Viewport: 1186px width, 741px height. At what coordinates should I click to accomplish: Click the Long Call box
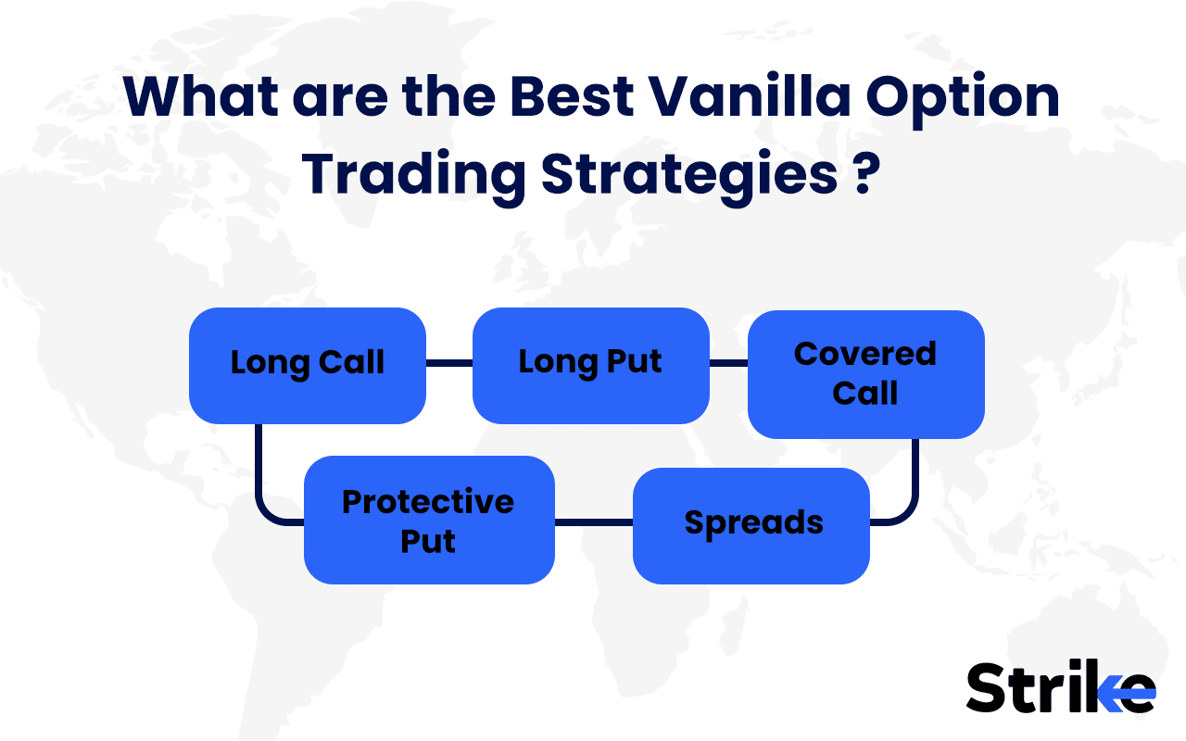pyautogui.click(x=307, y=365)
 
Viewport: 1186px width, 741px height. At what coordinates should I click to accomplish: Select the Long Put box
pyautogui.click(x=590, y=365)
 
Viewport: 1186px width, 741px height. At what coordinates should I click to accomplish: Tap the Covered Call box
pyautogui.click(x=865, y=373)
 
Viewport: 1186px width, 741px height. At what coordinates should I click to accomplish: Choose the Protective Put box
pyautogui.click(x=429, y=520)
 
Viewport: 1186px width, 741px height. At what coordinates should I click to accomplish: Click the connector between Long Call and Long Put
pyautogui.click(x=449, y=364)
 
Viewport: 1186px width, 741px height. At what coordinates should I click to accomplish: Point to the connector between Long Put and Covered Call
pyautogui.click(x=728, y=364)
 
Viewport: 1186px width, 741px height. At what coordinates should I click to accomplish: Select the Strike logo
pyautogui.click(x=1060, y=688)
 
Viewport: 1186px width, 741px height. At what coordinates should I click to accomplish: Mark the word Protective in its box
pyautogui.click(x=427, y=501)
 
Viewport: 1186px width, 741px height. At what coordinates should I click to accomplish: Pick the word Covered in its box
pyautogui.click(x=865, y=354)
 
